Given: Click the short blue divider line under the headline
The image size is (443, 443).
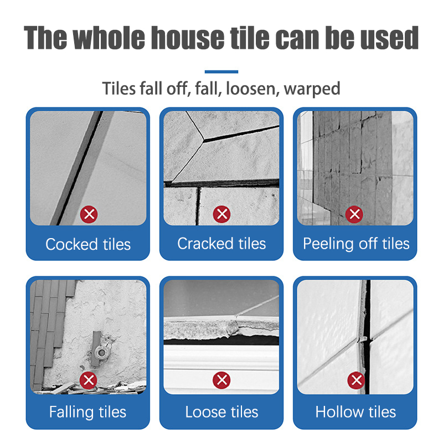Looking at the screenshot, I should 221,71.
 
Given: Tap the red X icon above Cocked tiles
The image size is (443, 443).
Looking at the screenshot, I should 87,213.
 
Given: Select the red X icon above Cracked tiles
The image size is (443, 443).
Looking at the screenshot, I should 222,213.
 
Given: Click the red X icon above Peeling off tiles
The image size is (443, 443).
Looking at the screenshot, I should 355,213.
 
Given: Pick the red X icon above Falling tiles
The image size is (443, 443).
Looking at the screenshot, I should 87,380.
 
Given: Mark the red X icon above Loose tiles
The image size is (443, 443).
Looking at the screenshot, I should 222,380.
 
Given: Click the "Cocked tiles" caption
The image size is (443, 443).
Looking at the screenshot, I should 88,244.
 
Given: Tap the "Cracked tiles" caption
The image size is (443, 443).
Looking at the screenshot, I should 221,244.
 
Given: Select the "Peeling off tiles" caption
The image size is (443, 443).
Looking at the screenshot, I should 356,244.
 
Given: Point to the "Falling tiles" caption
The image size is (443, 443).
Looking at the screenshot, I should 87,412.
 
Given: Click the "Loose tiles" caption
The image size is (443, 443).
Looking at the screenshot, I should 221,412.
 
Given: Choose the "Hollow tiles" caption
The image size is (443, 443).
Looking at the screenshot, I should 356,412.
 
